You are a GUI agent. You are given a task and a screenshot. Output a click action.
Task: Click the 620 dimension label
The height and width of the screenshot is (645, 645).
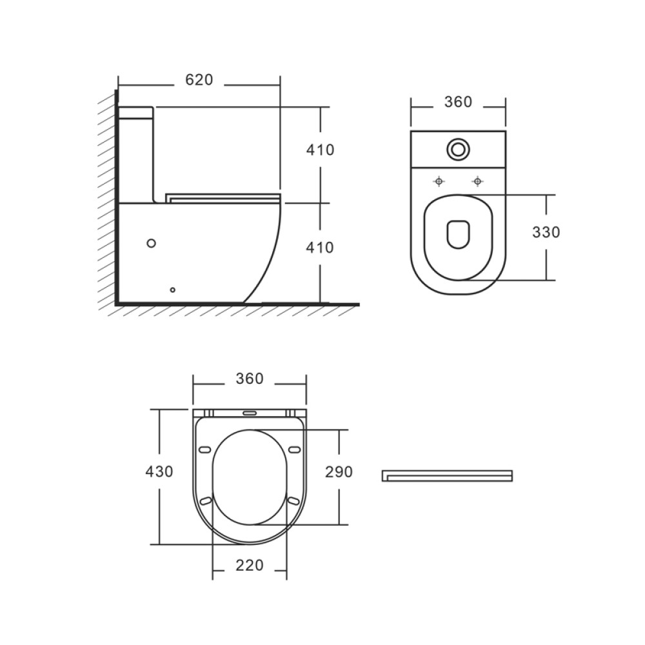click(x=199, y=80)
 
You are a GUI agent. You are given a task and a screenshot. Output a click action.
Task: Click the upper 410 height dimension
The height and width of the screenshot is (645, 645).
click(x=320, y=150)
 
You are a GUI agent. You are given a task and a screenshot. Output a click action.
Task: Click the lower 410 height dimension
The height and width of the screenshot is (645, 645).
click(x=320, y=248)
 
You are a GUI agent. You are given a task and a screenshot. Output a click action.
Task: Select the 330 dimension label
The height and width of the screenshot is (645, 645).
click(x=546, y=232)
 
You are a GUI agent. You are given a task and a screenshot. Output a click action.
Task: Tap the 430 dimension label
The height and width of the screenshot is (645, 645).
click(x=159, y=471)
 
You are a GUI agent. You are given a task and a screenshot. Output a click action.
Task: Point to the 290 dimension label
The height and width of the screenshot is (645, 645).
click(x=339, y=472)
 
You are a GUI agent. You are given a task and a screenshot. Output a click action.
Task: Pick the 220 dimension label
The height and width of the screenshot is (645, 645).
click(x=250, y=565)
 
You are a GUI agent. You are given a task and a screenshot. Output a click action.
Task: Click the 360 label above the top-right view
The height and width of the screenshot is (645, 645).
click(x=458, y=102)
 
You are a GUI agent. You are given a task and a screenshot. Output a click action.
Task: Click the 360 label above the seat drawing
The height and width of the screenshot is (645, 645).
click(x=250, y=379)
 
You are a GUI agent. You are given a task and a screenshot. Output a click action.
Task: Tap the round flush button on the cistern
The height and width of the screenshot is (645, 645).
click(x=458, y=149)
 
